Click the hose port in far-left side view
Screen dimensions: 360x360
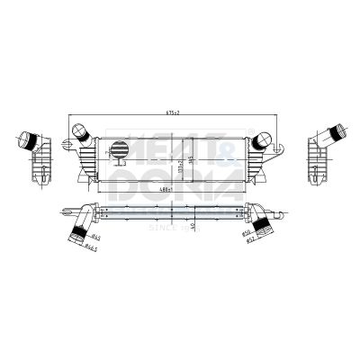[32, 141]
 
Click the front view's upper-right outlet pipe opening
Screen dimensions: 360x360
[266, 138]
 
